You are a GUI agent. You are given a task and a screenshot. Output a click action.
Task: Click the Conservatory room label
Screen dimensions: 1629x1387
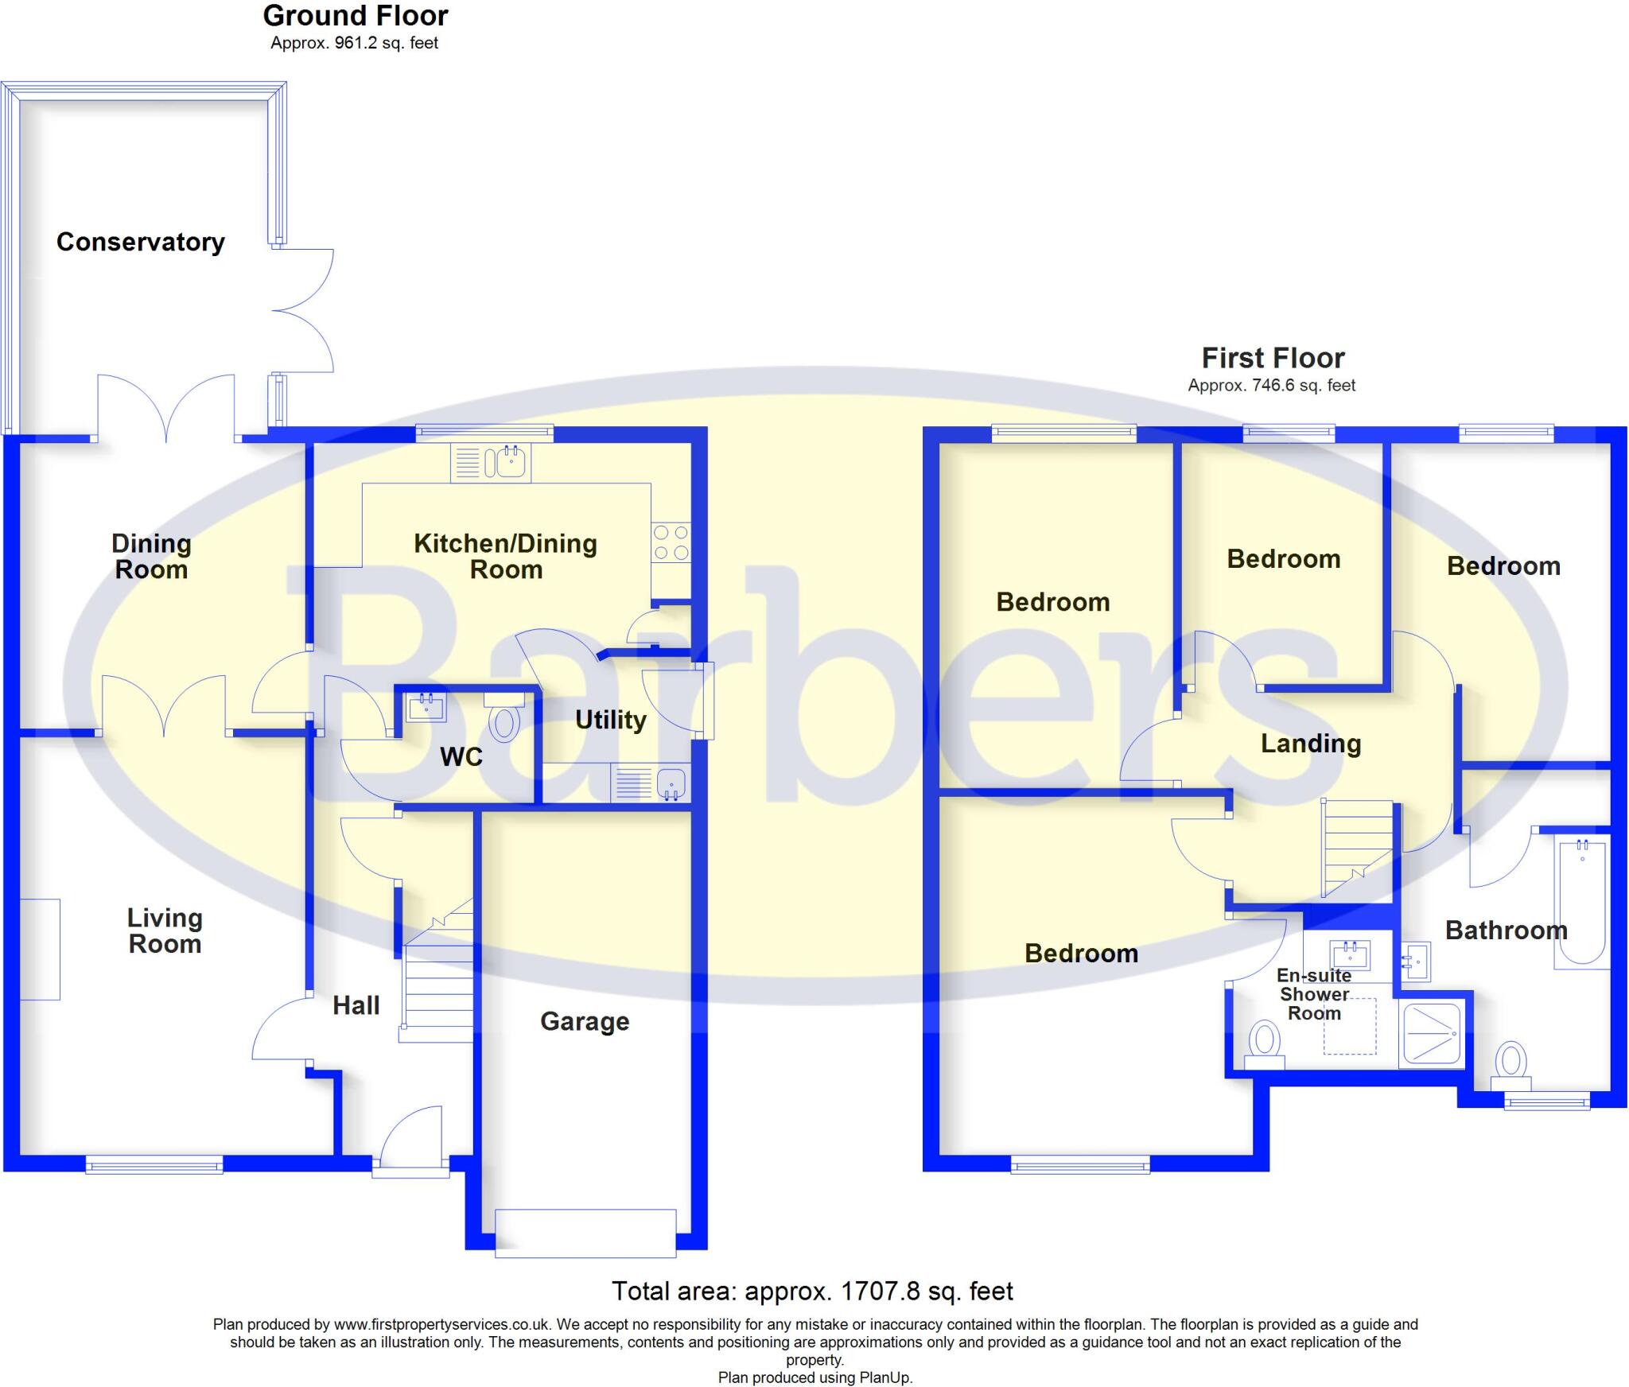(141, 242)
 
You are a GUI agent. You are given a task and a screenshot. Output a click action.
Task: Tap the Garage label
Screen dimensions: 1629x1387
(585, 1021)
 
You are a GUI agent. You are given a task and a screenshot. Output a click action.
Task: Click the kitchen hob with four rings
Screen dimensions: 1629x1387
(671, 542)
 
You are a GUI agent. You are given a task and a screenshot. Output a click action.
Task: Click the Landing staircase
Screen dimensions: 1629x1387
(1356, 848)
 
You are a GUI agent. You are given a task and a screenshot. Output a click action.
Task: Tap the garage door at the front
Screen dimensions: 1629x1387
(585, 1234)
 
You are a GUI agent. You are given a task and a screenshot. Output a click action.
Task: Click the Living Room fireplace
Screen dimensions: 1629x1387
(40, 949)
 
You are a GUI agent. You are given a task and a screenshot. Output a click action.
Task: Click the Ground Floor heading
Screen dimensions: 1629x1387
(356, 16)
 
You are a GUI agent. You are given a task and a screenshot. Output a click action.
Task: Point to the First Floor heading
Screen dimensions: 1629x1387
(1273, 358)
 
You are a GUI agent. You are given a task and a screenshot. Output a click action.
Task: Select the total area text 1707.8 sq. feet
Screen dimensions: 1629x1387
(812, 1291)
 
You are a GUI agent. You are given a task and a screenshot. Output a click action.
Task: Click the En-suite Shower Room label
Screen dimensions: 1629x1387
(1314, 994)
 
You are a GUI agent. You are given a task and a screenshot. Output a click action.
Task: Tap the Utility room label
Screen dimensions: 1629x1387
(610, 720)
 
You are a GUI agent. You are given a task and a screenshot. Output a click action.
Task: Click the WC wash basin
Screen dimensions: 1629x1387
(426, 705)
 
